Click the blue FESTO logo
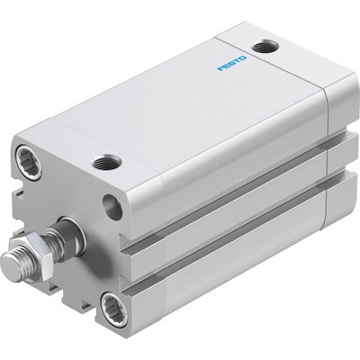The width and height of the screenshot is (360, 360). tap(232, 63)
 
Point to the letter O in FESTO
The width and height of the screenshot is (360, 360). tap(243, 58)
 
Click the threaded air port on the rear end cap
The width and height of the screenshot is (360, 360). tap(265, 47)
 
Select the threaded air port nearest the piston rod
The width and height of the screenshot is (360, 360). tap(106, 164)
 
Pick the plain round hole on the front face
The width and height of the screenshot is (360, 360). tap(112, 206)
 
